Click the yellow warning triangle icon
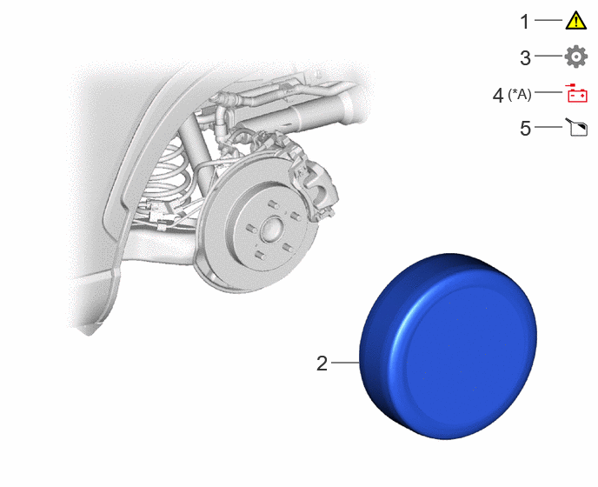pyautogui.click(x=576, y=20)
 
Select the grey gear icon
pyautogui.click(x=576, y=57)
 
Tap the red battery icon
pyautogui.click(x=577, y=93)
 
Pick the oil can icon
pyautogui.click(x=576, y=127)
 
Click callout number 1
pyautogui.click(x=525, y=22)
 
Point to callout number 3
pyautogui.click(x=525, y=58)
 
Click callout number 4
pyautogui.click(x=498, y=95)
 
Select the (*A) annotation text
pyautogui.click(x=520, y=94)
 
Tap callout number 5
pyautogui.click(x=525, y=128)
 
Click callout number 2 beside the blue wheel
pyautogui.click(x=322, y=364)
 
